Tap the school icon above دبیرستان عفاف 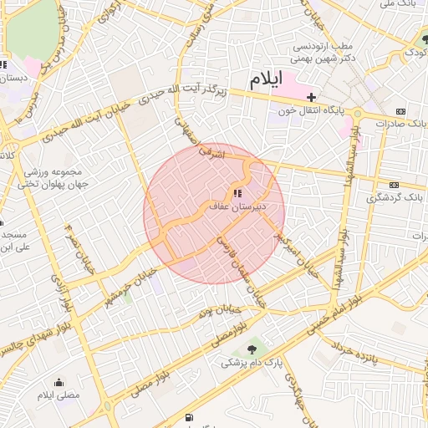[225, 192]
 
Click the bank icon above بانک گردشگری [394, 186]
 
